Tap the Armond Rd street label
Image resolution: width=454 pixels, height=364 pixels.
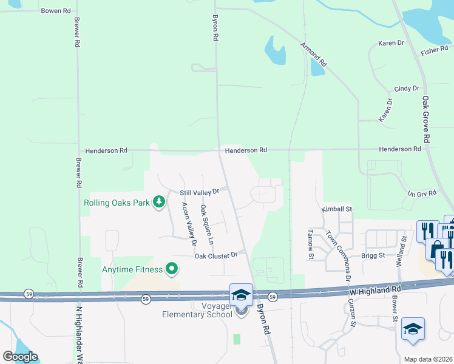pos(314,55)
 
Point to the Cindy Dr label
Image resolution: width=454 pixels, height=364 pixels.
pos(407,89)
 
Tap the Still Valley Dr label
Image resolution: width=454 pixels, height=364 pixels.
pos(199,192)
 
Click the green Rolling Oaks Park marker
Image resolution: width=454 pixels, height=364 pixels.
pos(159,202)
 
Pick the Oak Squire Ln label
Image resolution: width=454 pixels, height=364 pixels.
pos(207,224)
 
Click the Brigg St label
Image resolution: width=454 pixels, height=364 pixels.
pos(373,255)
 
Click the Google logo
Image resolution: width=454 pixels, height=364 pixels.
pos(20,357)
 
